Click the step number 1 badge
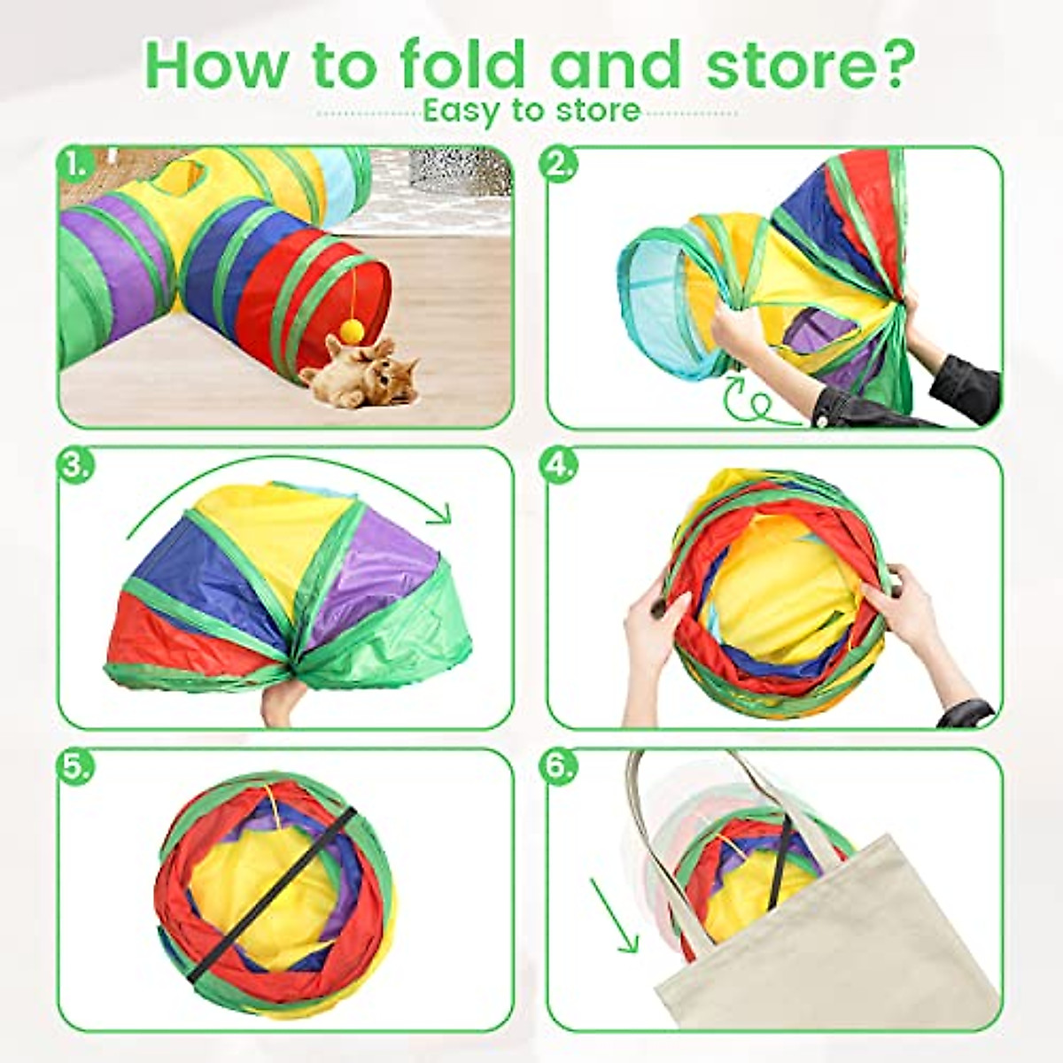click(x=75, y=165)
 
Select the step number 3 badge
click(x=75, y=466)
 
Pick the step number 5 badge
click(x=75, y=767)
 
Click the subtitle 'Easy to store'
click(x=531, y=110)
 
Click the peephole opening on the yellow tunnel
click(x=183, y=173)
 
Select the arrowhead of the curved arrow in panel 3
click(x=440, y=512)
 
